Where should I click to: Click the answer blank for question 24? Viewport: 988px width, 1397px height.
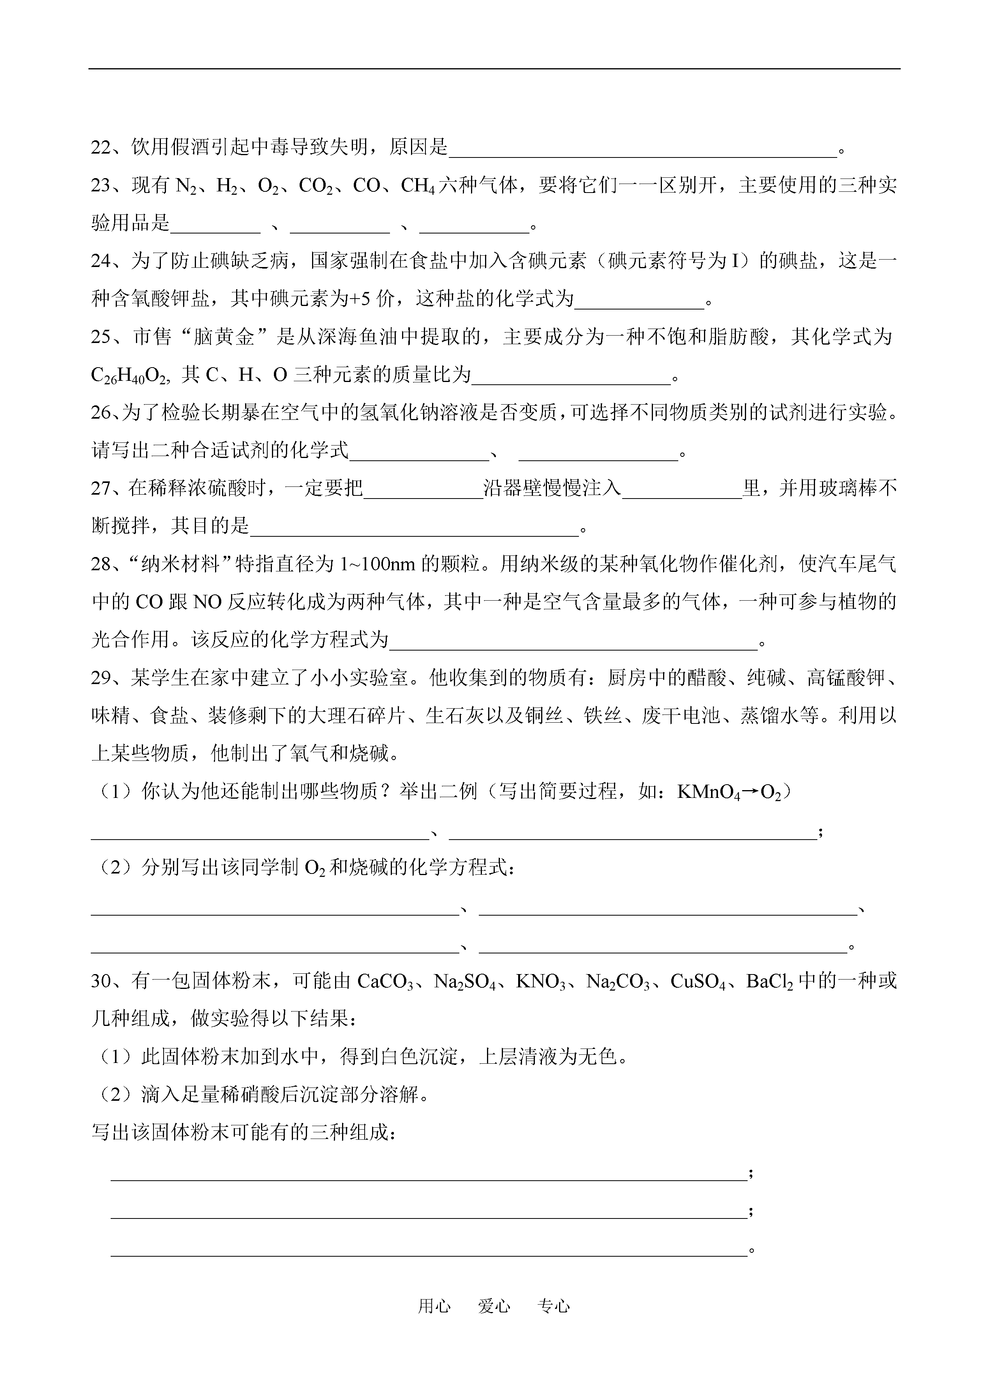coord(639,301)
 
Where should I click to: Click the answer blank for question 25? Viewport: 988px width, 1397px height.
coord(571,377)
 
